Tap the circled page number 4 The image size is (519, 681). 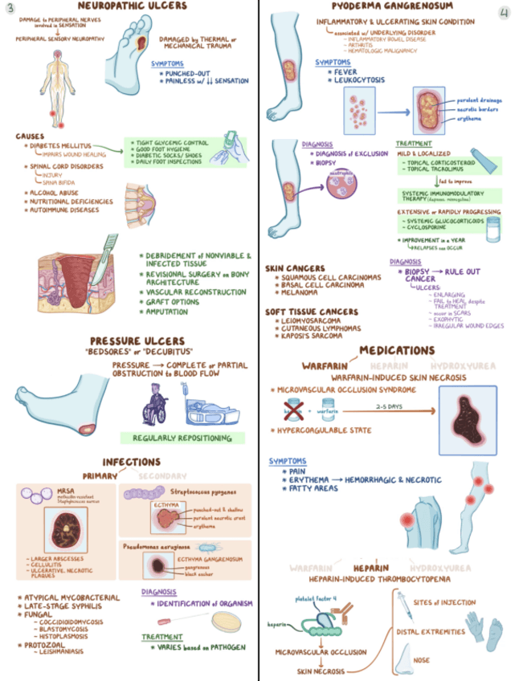tap(504, 14)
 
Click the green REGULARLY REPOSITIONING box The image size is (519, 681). tap(182, 438)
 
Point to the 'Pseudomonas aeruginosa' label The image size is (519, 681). tap(156, 546)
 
